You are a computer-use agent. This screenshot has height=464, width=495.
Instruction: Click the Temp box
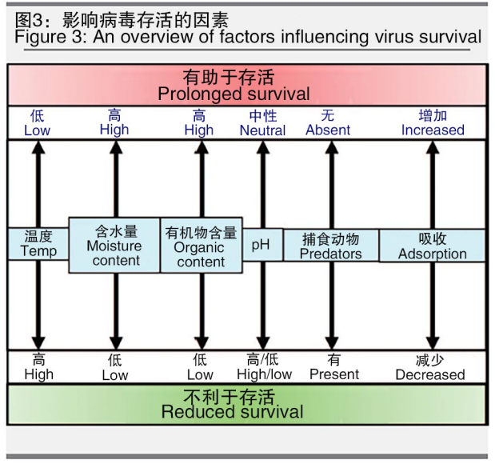click(38, 244)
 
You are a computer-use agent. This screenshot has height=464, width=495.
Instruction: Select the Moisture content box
click(114, 245)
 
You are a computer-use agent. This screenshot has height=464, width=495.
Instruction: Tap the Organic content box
click(202, 245)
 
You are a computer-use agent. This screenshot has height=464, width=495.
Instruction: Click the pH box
click(262, 245)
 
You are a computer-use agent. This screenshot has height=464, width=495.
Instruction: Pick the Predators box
click(331, 245)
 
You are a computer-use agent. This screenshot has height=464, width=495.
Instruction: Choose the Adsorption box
click(432, 246)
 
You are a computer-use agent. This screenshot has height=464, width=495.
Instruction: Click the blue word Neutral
click(262, 130)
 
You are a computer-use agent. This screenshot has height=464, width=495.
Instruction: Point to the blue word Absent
click(328, 130)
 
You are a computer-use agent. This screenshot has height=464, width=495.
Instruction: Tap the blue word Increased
click(433, 130)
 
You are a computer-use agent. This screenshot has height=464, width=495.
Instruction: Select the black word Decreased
click(430, 374)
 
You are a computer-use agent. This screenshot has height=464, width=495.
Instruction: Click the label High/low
click(265, 374)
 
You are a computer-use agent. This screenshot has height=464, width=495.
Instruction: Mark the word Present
click(334, 374)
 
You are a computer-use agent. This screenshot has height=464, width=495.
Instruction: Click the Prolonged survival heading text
click(234, 94)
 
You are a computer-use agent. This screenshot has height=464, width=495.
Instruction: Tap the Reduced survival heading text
click(233, 412)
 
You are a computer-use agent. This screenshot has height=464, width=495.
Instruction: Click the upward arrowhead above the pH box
click(263, 147)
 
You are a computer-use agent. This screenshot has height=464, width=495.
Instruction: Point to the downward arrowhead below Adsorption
click(433, 343)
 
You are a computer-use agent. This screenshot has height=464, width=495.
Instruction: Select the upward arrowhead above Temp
click(38, 147)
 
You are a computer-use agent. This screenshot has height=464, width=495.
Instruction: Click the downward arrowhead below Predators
click(332, 343)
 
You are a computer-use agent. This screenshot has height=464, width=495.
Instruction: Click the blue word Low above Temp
click(38, 130)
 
